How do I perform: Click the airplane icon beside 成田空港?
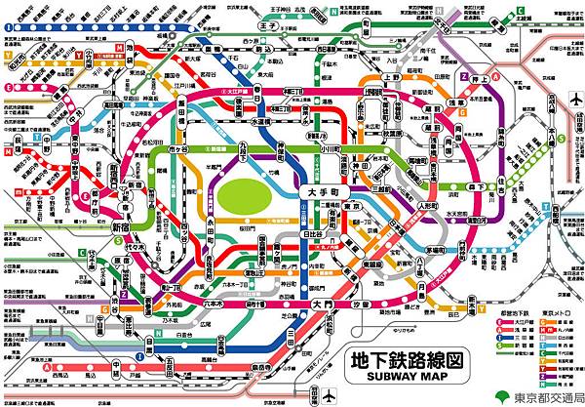[573, 102]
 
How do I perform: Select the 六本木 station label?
[241, 304]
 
